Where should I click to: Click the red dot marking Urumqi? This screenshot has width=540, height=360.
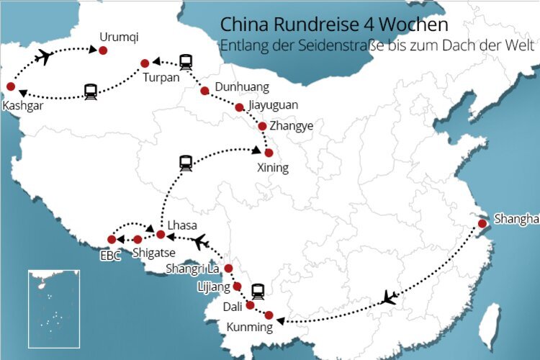pos(103,50)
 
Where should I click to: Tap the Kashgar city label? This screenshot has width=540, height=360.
pos(22,105)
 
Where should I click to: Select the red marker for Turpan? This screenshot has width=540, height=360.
pos(145,63)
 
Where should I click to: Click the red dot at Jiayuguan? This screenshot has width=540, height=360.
pos(240,107)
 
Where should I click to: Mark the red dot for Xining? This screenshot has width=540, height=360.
pos(269,153)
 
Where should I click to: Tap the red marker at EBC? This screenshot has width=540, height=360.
pos(112,239)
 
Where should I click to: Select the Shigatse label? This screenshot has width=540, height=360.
pos(152,253)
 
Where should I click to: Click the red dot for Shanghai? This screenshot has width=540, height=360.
pos(482,224)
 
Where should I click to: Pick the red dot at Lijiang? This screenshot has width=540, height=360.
pos(236,287)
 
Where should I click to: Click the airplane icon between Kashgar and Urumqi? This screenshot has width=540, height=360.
pos(45,55)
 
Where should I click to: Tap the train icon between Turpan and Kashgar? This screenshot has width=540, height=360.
pos(91,91)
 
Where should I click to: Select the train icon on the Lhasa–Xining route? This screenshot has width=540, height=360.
pos(186,163)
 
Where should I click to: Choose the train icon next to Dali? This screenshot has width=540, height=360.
pos(258,291)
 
